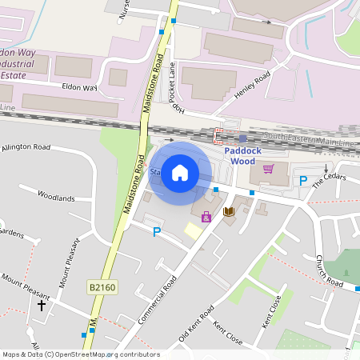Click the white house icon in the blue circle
coord(180,173)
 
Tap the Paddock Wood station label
coord(250,155)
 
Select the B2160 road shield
coord(101,286)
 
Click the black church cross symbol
coord(42,305)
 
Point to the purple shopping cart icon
coord(268,169)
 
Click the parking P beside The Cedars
coord(303,182)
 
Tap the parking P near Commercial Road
coord(157,232)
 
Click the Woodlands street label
coord(56,197)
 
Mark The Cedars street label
coord(329,180)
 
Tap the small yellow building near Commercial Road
coord(193,230)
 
